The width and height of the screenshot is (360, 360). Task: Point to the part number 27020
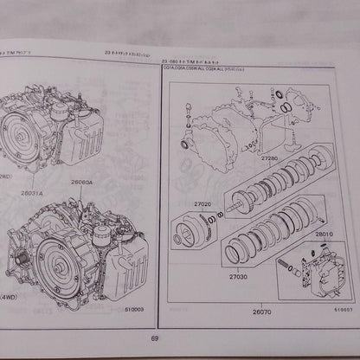pyautogui.click(x=203, y=204)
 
